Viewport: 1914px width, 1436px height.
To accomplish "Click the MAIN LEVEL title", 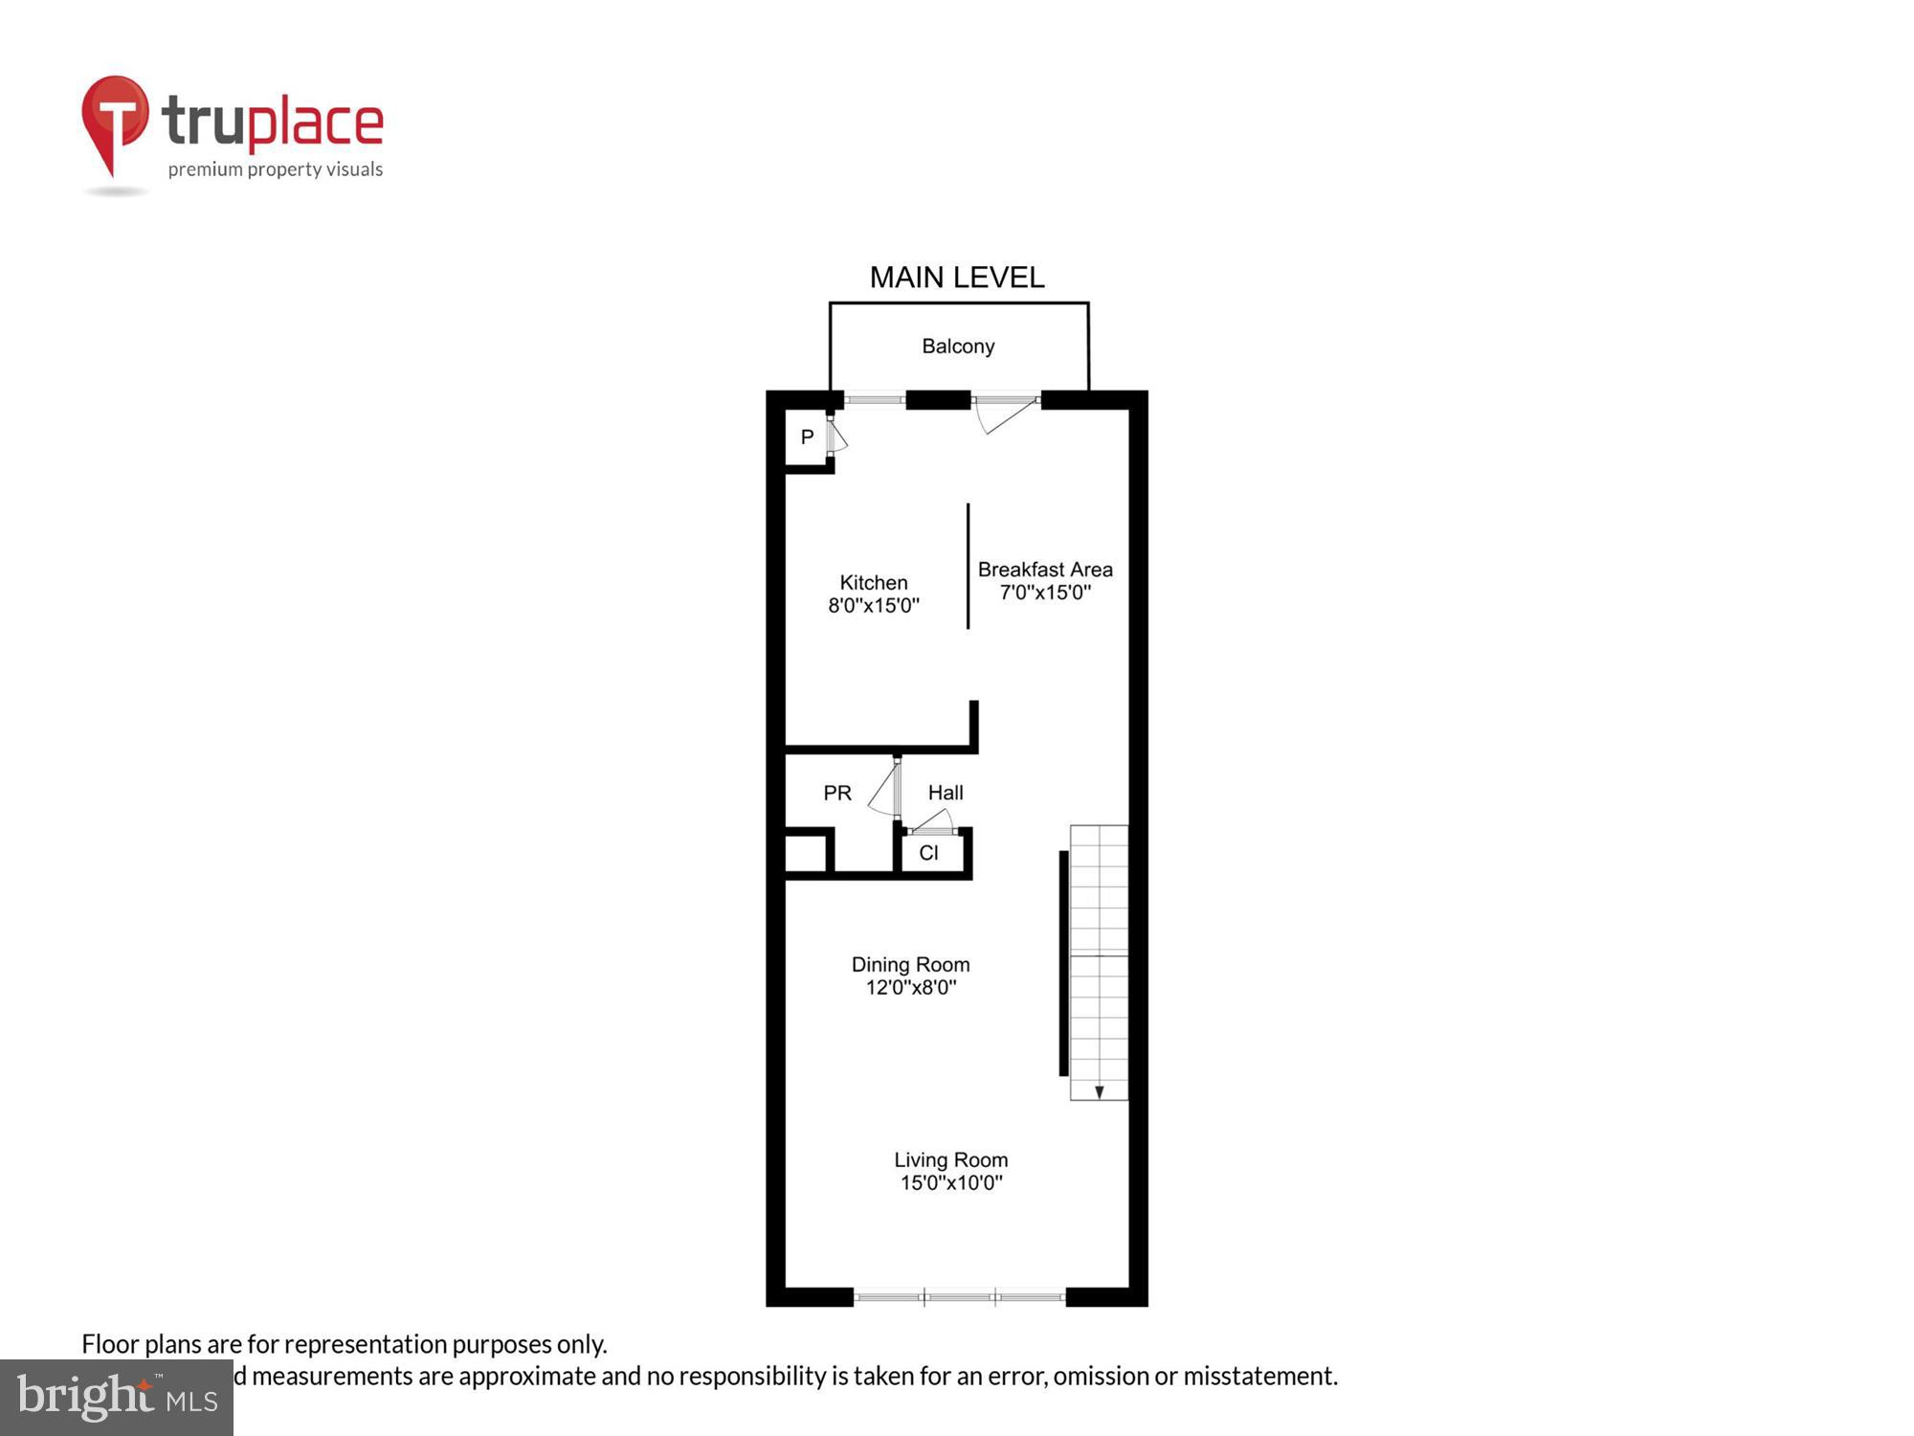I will pyautogui.click(x=956, y=278).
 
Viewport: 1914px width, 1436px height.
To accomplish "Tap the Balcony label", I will pyautogui.click(x=958, y=347).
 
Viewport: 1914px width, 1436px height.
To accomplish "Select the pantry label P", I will pyautogui.click(x=807, y=438).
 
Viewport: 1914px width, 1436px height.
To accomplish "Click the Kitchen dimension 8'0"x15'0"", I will pyautogui.click(x=873, y=605).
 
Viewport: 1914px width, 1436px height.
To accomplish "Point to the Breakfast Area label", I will pyautogui.click(x=1045, y=570).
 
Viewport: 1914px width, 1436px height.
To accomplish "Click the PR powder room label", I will pyautogui.click(x=837, y=793).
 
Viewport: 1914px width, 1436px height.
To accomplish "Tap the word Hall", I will pyautogui.click(x=946, y=793).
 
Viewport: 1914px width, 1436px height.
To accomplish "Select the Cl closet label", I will pyautogui.click(x=928, y=853).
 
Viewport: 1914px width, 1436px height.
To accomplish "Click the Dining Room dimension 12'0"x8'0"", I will pyautogui.click(x=910, y=988).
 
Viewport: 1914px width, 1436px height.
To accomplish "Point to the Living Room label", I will pyautogui.click(x=950, y=1160).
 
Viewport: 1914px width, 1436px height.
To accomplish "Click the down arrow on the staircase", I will pyautogui.click(x=1100, y=1091).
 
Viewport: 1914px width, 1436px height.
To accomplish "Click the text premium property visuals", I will pyautogui.click(x=276, y=170).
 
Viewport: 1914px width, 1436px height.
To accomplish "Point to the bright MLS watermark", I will pyautogui.click(x=117, y=1398).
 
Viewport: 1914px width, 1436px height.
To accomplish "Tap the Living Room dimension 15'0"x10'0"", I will pyautogui.click(x=950, y=1183).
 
